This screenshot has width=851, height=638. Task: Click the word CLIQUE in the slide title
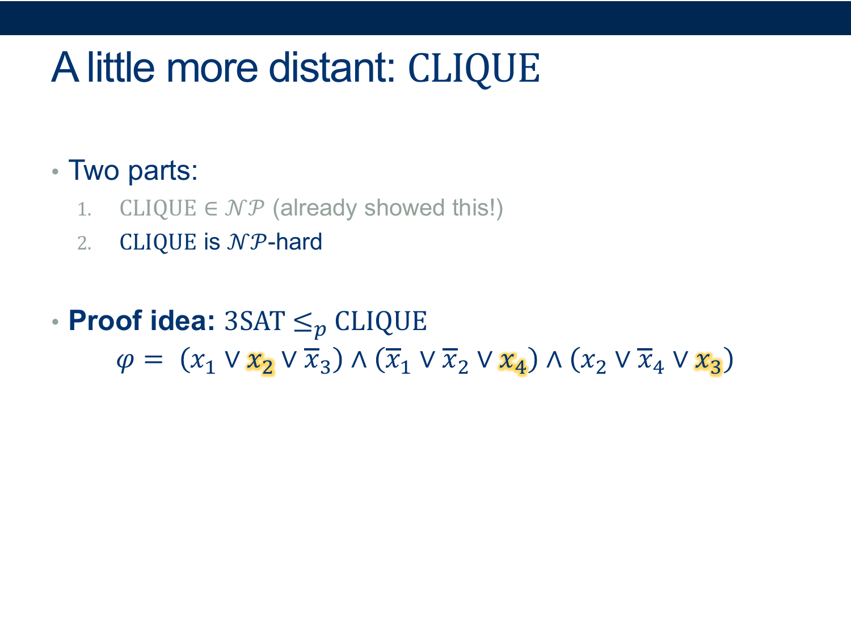(x=474, y=69)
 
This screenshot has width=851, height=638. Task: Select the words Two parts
(x=133, y=171)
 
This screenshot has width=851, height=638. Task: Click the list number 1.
(x=84, y=210)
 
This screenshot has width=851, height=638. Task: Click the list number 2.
(x=84, y=244)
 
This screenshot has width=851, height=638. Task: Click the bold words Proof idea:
(x=141, y=321)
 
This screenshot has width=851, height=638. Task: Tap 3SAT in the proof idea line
(x=255, y=321)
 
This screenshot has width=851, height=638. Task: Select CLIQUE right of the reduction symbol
(x=381, y=322)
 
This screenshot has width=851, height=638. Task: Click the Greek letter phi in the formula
(x=125, y=361)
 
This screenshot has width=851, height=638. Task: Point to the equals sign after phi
(x=154, y=360)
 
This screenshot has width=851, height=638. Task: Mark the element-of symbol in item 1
(x=210, y=209)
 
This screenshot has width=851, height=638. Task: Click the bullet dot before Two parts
(x=55, y=171)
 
